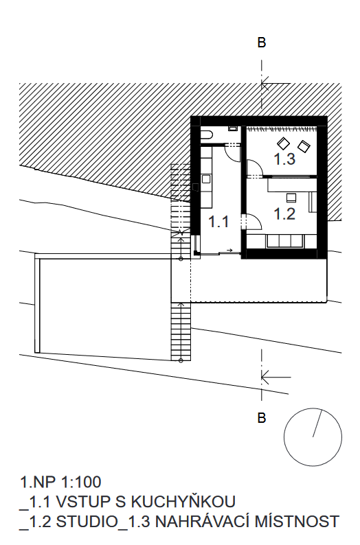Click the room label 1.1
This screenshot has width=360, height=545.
(x=218, y=222)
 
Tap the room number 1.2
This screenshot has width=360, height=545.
(x=284, y=213)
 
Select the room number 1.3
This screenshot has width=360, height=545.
(x=284, y=159)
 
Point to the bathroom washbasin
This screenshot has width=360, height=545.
(x=232, y=128)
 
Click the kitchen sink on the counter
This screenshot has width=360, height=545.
(x=205, y=179)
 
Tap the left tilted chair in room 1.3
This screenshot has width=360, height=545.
(x=283, y=143)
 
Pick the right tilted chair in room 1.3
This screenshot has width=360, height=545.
(x=304, y=146)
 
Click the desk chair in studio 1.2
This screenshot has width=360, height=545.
(x=291, y=198)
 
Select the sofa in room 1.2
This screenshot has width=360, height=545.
(x=285, y=241)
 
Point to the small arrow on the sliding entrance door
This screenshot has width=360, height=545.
(x=229, y=250)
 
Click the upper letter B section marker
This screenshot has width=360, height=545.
(x=262, y=43)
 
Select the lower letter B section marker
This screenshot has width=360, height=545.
(x=262, y=417)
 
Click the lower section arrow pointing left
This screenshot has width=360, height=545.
(x=275, y=377)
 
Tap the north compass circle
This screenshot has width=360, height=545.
(x=313, y=437)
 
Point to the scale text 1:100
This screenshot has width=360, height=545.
(x=81, y=482)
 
